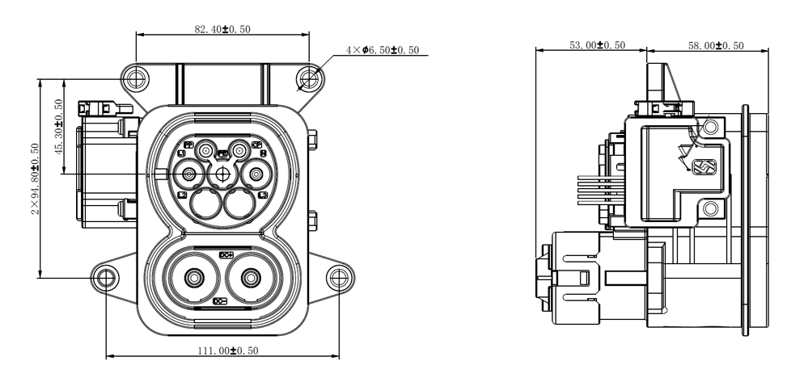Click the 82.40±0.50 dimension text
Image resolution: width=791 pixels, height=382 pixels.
point(222,29)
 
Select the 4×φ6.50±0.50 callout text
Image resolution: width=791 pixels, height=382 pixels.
point(383,50)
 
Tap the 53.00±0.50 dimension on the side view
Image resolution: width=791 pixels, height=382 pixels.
point(597,45)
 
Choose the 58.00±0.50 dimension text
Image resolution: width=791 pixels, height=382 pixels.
point(715,45)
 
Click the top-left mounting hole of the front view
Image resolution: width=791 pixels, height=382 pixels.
point(135,79)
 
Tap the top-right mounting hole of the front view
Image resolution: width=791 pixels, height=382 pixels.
point(310,78)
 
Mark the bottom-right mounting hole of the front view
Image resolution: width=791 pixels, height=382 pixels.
point(338,279)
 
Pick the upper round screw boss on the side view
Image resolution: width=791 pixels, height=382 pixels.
point(710,127)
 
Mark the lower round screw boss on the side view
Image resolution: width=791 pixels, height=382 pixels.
point(710,210)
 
